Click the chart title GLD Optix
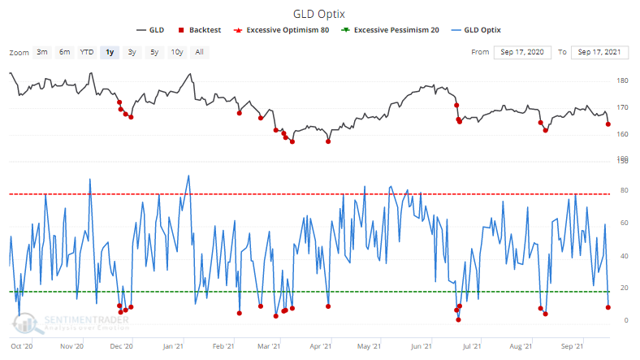(x=320, y=13)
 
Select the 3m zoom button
(x=41, y=52)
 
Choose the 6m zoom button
(x=63, y=52)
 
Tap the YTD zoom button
(x=86, y=52)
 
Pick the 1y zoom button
(x=109, y=52)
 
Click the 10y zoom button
(x=176, y=52)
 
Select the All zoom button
(x=199, y=52)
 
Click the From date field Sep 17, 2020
(x=522, y=52)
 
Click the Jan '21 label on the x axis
(x=172, y=346)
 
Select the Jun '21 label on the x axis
(x=421, y=346)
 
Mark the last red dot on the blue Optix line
(x=608, y=306)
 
